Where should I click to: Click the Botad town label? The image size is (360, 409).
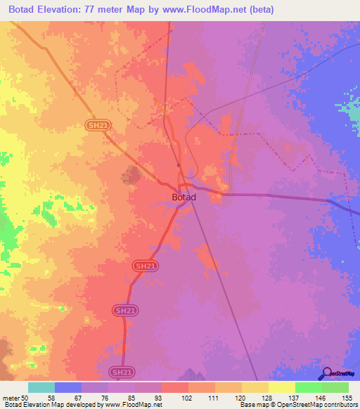[x=184, y=197]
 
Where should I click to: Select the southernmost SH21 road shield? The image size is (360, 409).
[x=120, y=371]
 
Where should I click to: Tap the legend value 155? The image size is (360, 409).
[x=347, y=398]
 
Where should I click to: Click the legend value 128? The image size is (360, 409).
[x=267, y=398]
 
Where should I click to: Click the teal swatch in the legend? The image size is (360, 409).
[x=41, y=387]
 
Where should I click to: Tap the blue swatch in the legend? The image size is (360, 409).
[x=68, y=387]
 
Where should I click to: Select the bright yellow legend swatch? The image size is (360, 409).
[x=281, y=387]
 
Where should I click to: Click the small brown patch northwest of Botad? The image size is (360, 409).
[x=129, y=175]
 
